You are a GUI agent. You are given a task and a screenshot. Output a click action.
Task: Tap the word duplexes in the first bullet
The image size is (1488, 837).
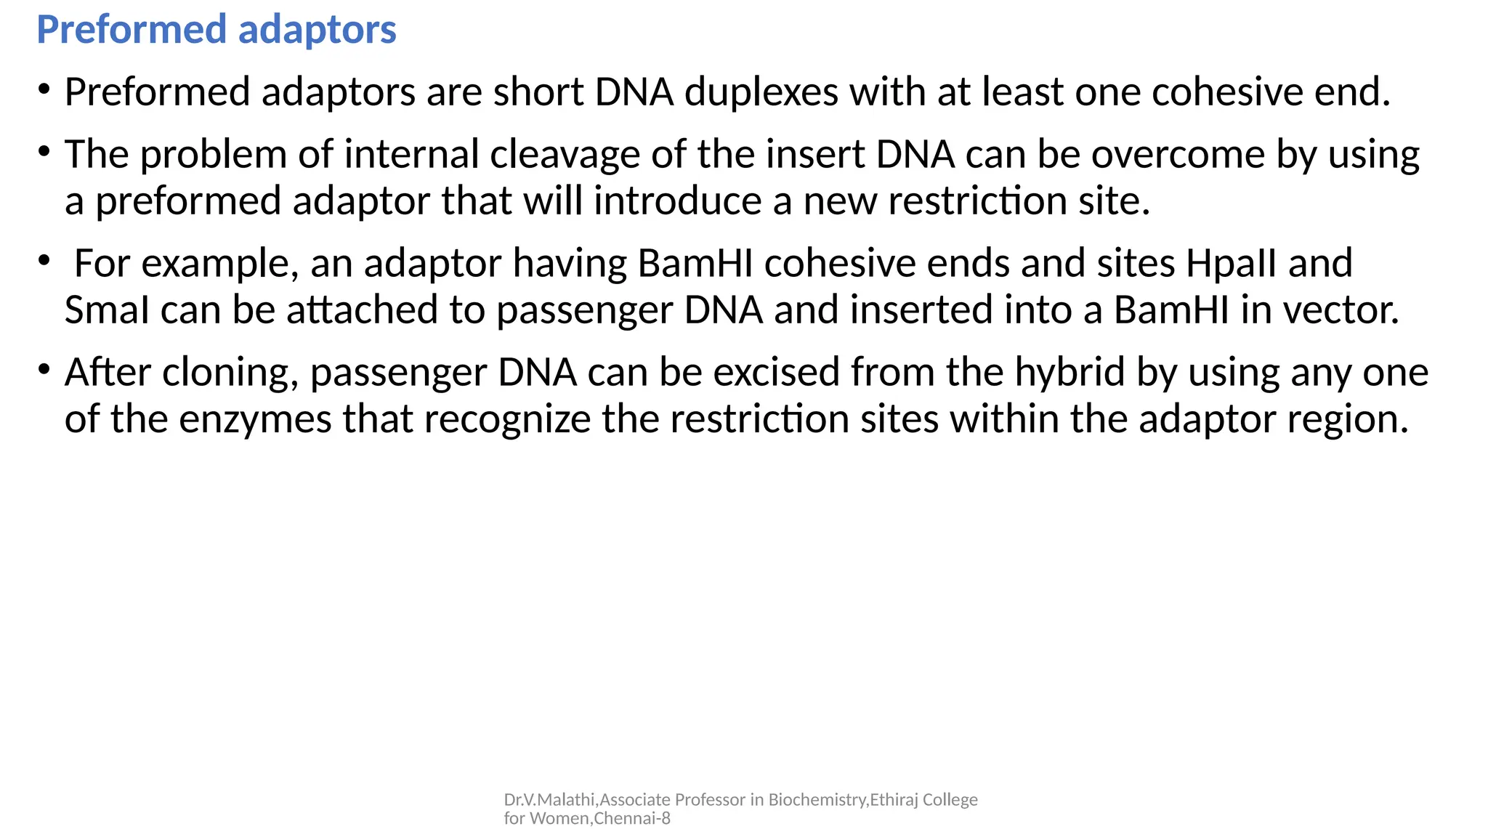(761, 93)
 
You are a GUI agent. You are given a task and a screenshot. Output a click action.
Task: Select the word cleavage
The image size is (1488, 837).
(565, 155)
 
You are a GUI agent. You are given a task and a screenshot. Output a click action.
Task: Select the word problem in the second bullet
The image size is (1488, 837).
(214, 155)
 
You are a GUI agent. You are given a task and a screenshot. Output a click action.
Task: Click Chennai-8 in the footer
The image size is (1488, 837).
(632, 819)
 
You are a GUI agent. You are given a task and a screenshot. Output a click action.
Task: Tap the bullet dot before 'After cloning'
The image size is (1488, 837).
(44, 370)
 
